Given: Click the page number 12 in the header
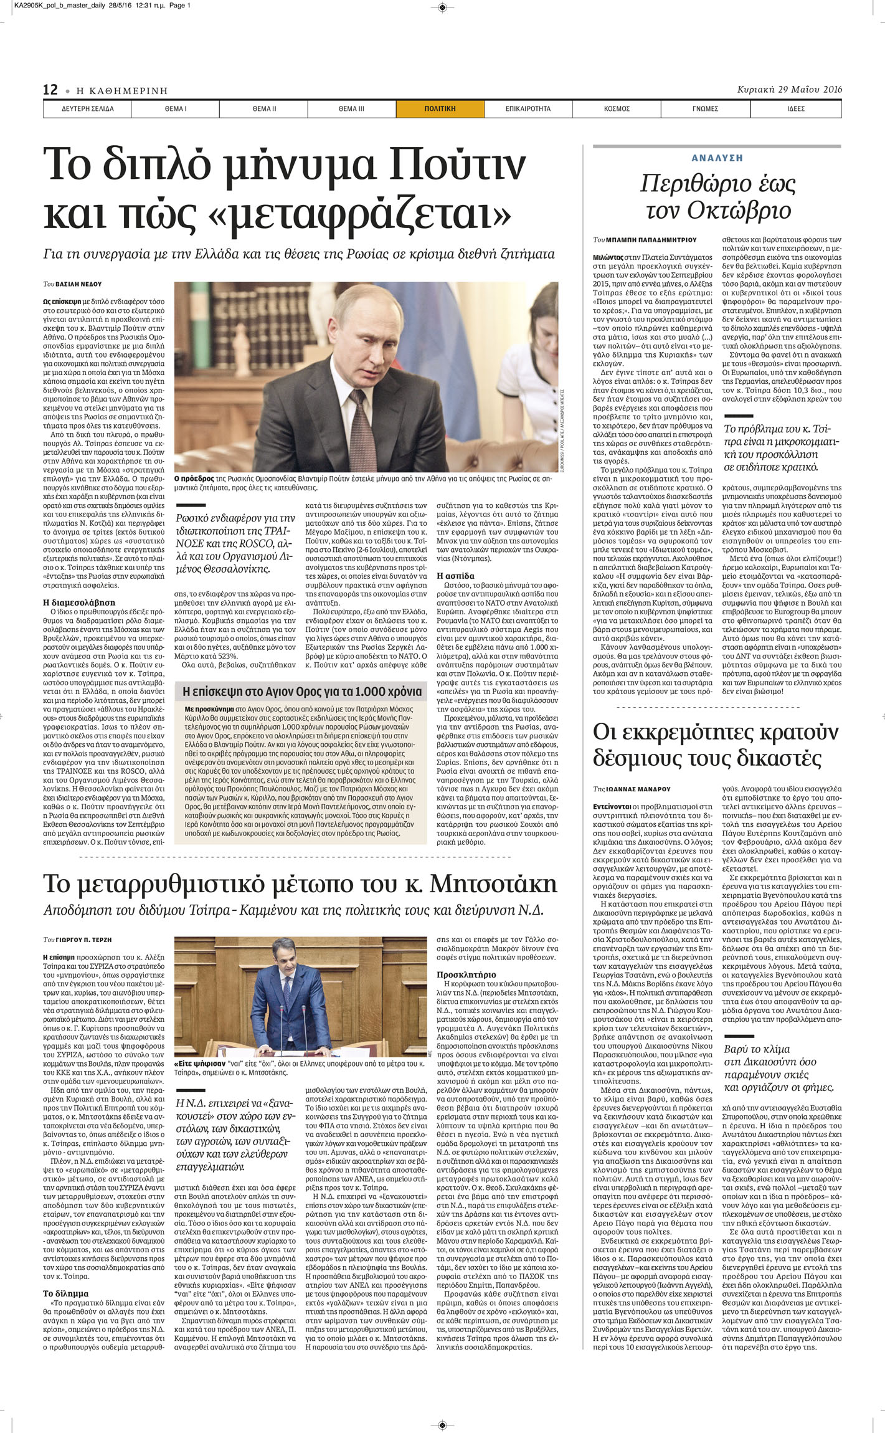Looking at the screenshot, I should point(50,90).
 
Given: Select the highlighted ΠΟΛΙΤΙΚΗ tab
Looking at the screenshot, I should point(440,108).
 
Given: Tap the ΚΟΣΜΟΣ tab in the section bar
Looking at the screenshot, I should point(617,108).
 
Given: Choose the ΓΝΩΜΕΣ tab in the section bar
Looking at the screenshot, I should point(705,108).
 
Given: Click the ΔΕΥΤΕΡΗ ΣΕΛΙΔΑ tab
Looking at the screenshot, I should point(87,108).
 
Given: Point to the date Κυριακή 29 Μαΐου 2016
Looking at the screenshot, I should point(789,89).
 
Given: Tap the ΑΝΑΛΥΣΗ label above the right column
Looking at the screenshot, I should point(717,158).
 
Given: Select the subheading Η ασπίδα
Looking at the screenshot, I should point(455,576).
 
